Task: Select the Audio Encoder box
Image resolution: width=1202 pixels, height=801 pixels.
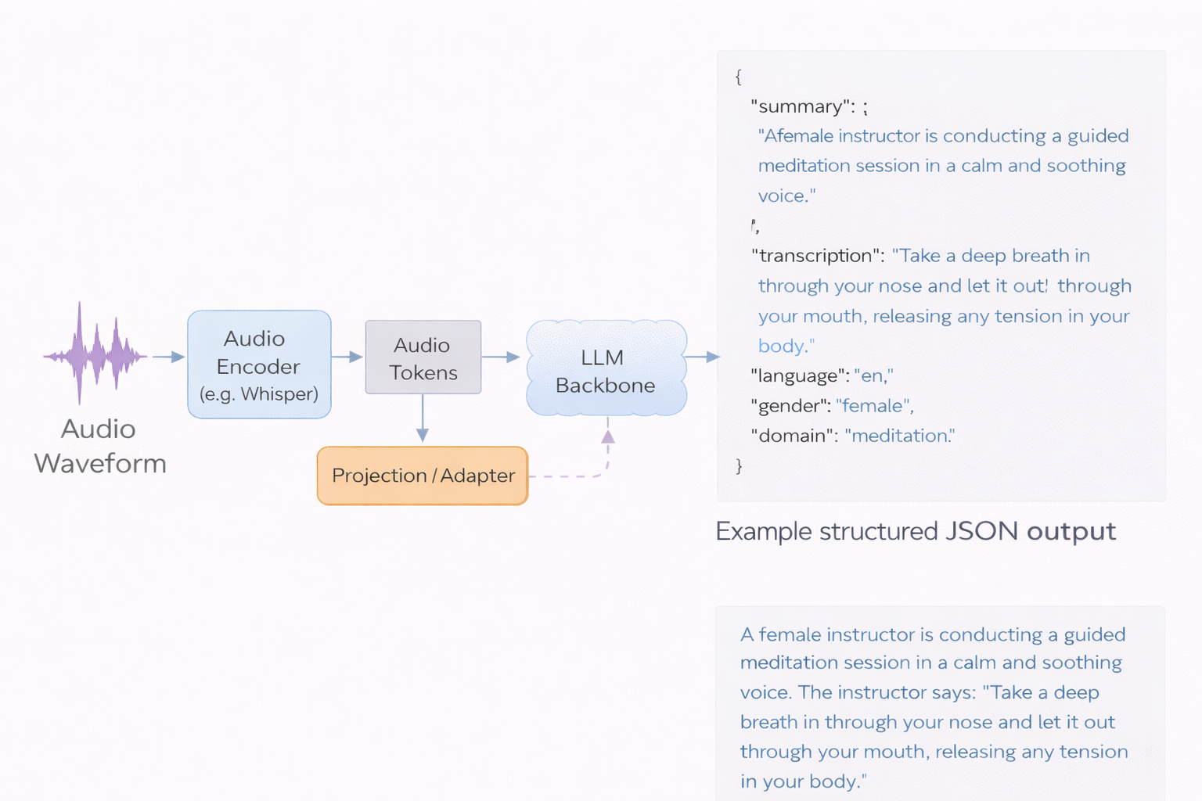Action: pos(259,365)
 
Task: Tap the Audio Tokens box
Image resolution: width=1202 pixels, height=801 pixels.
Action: pos(423,357)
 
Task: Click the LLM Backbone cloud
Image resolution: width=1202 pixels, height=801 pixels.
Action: pos(606,368)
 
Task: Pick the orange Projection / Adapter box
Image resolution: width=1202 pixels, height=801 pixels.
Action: pos(423,476)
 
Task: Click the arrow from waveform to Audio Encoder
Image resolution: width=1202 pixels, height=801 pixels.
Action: pos(168,357)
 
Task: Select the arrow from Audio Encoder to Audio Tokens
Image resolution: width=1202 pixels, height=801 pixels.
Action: pos(347,357)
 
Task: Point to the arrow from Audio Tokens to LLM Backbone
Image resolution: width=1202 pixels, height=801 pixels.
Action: pos(502,357)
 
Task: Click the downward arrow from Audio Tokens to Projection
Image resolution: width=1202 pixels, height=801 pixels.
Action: pos(423,419)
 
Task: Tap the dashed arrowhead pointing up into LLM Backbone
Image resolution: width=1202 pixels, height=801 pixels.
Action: pos(608,436)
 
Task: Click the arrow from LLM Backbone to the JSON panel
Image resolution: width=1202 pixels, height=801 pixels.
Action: pos(702,357)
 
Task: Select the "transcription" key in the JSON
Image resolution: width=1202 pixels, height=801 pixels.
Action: pos(817,256)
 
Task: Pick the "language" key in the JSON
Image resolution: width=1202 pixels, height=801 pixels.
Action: pos(799,376)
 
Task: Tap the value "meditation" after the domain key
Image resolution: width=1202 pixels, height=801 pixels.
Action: pos(899,436)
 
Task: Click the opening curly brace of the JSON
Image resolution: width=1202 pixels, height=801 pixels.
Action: pos(738,77)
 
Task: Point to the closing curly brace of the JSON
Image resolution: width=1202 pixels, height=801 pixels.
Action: pos(739,466)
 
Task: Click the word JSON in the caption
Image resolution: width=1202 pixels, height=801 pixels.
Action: pos(981,531)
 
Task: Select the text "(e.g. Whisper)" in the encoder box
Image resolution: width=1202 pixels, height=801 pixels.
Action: pos(259,394)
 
